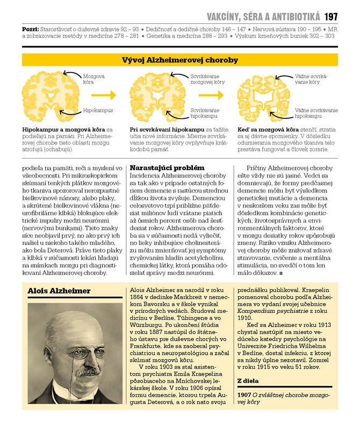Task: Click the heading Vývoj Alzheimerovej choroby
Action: tap(180, 60)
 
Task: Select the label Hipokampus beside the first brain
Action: tap(98, 110)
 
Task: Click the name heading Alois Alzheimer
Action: tap(59, 291)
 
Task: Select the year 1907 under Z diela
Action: tap(244, 395)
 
